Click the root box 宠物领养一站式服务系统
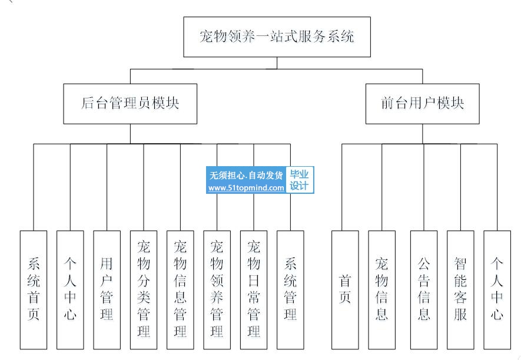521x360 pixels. [277, 37]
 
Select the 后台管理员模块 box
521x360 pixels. [130, 104]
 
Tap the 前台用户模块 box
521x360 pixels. [422, 104]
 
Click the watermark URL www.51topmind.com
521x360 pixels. [246, 188]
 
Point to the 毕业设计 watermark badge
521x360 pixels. [300, 180]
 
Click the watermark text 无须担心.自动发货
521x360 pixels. [246, 175]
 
